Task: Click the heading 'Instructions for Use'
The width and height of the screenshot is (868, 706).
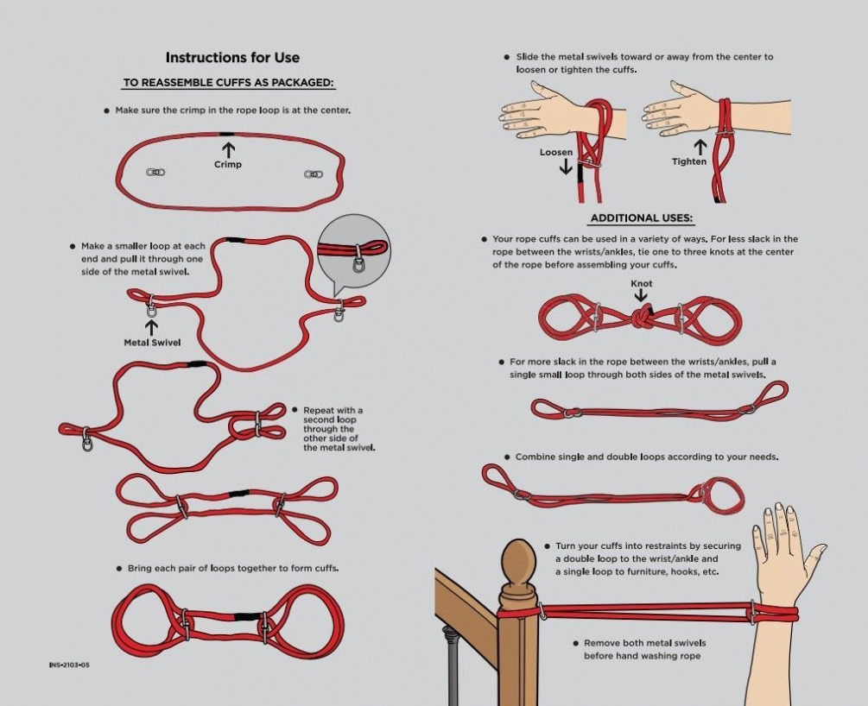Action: pos(232,58)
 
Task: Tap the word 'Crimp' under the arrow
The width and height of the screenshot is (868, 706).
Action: pos(228,164)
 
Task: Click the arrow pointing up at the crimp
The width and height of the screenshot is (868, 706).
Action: pos(228,149)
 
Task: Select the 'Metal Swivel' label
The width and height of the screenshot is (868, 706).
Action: pos(152,343)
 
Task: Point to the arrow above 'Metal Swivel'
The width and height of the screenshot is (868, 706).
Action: pos(151,327)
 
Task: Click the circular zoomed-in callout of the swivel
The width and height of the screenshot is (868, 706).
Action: pos(354,253)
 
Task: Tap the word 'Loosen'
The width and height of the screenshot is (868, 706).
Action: pos(556,152)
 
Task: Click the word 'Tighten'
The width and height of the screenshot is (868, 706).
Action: pos(689,161)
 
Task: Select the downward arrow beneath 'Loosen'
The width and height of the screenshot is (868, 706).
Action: pos(566,167)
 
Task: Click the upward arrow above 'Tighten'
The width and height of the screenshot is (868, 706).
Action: pos(700,148)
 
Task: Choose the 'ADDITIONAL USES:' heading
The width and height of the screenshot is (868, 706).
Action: pos(642,218)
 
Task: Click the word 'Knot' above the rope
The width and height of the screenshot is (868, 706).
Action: pos(642,283)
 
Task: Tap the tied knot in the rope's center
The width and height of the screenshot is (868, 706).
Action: pos(641,317)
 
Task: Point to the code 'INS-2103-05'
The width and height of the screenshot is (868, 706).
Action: pos(69,665)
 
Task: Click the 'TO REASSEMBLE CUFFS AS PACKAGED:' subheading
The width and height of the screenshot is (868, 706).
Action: pos(229,83)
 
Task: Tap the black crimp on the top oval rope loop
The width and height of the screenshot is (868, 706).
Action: pos(226,134)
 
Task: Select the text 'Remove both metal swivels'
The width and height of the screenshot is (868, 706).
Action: pos(645,643)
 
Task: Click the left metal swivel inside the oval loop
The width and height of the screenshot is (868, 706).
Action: pos(155,172)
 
